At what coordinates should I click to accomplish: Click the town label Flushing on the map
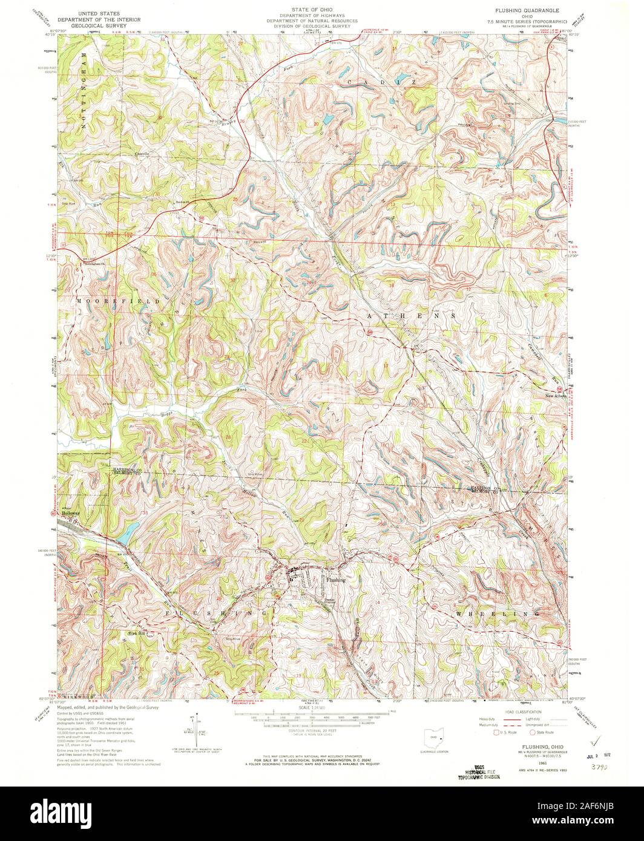[x=336, y=580]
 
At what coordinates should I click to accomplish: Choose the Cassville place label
[x=143, y=154]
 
